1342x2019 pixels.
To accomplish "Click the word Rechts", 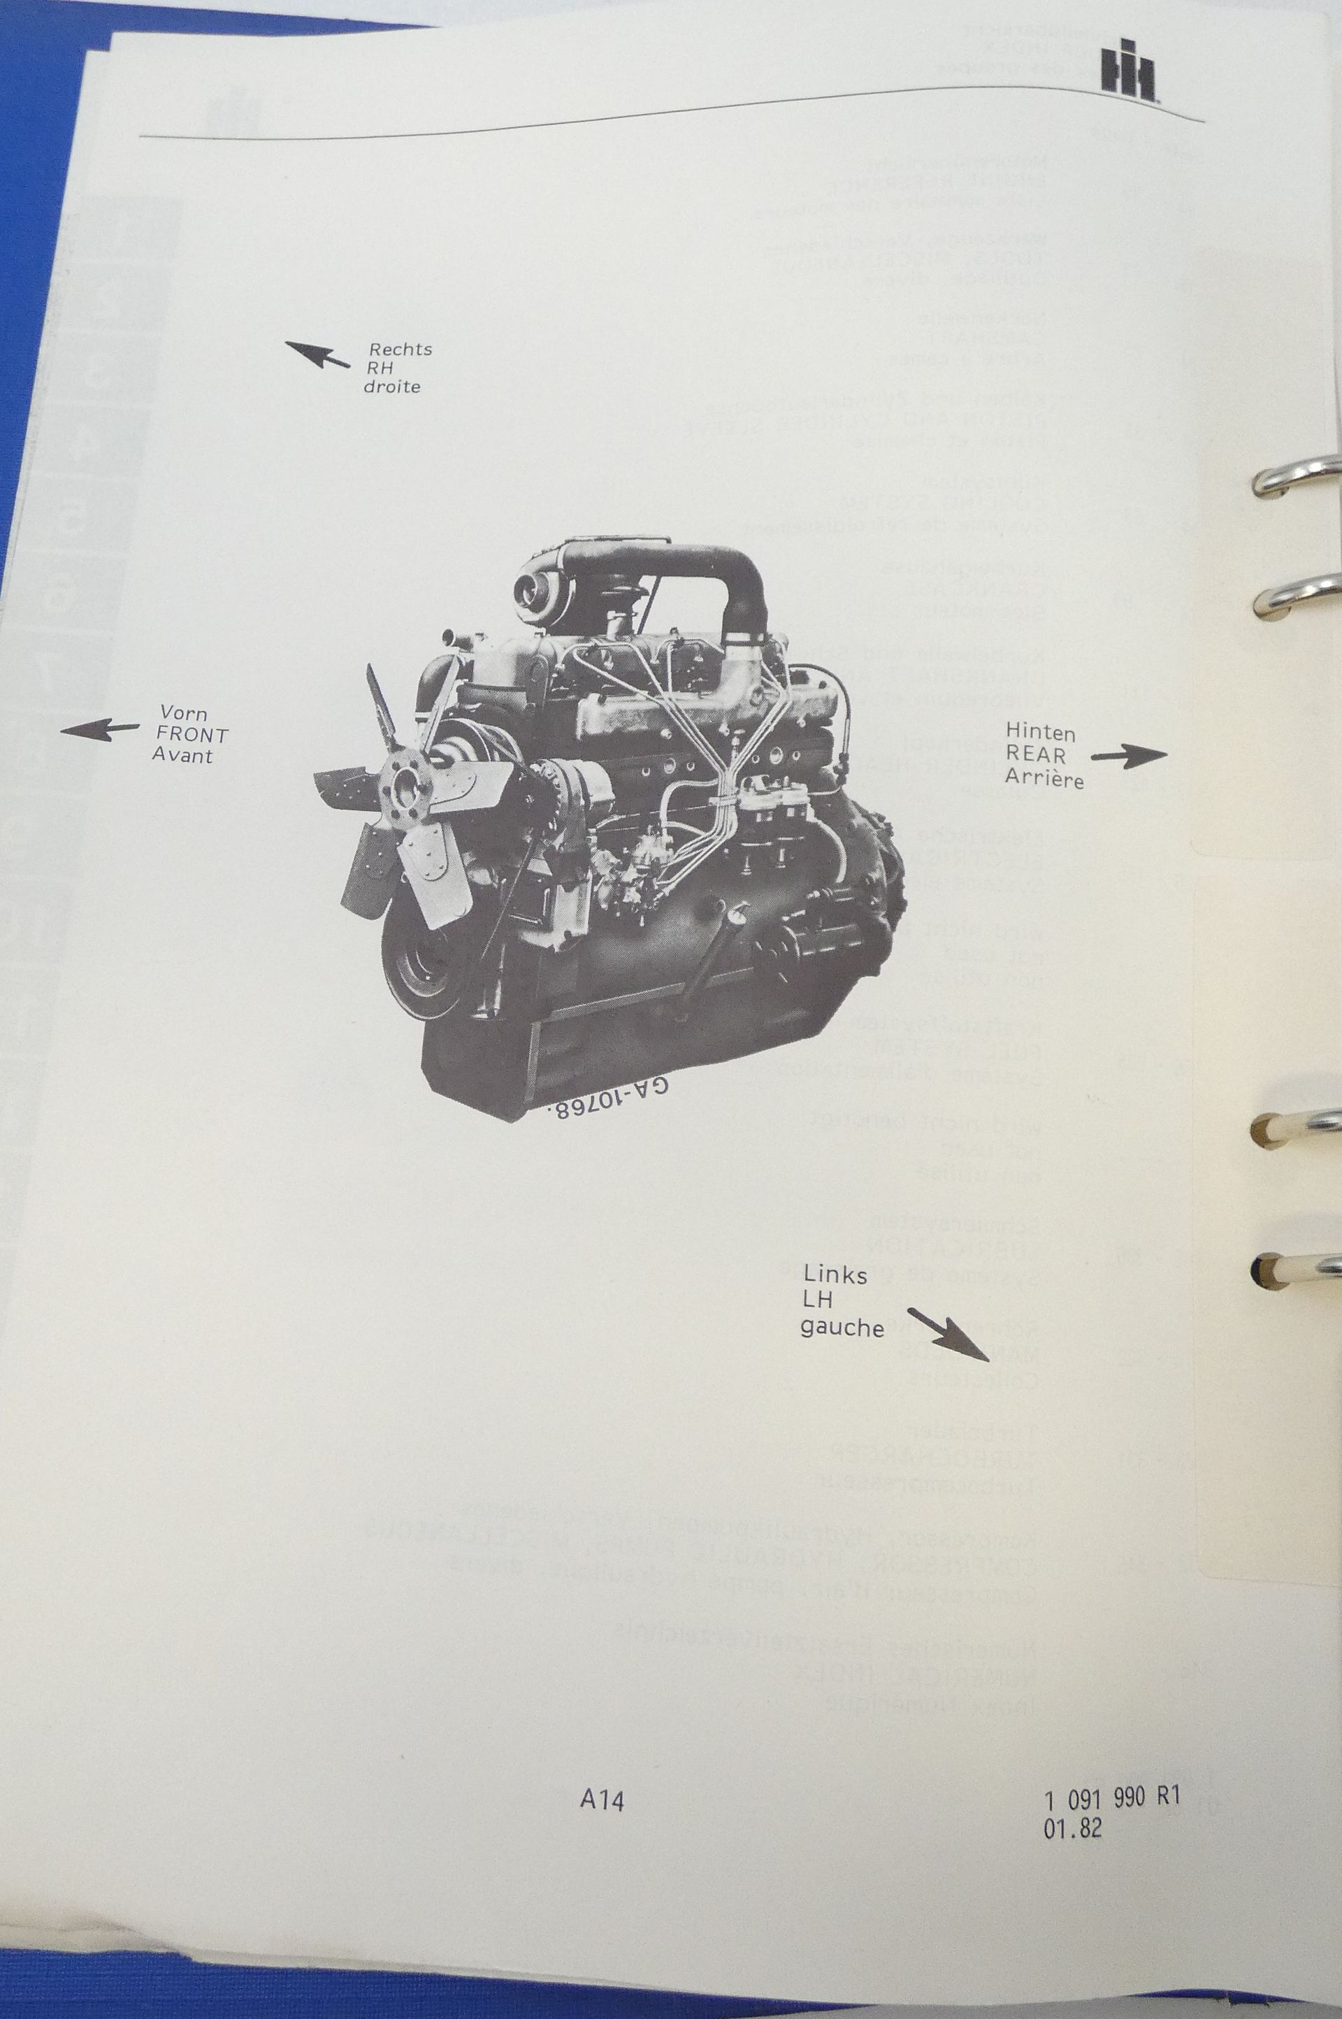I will click(x=400, y=349).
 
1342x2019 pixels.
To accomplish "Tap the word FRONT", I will click(x=193, y=735).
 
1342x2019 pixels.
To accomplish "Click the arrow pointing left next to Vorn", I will click(x=99, y=730).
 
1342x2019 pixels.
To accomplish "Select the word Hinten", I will click(x=1040, y=733).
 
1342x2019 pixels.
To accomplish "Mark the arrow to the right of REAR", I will click(x=1129, y=756).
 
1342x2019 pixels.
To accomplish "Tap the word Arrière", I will click(x=1044, y=779).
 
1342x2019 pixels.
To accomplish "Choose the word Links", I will click(x=835, y=1276).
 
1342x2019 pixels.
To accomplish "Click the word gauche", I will click(x=842, y=1328).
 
